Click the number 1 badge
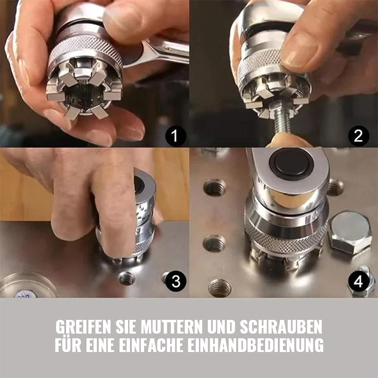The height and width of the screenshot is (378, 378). tap(175, 137)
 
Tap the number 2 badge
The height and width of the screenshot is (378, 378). tap(359, 137)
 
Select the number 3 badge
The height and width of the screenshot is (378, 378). tap(176, 282)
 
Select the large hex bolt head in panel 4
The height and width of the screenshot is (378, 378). tap(350, 232)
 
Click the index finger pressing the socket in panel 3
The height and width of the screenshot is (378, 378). tap(113, 208)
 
